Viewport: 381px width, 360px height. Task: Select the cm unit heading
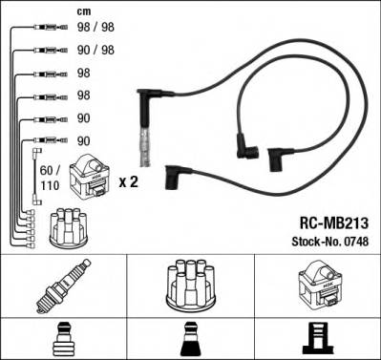pyautogui.click(x=83, y=11)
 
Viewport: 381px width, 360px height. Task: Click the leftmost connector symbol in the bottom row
pyautogui.click(x=63, y=336)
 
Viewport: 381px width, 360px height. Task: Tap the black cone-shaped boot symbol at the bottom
pyautogui.click(x=190, y=336)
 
